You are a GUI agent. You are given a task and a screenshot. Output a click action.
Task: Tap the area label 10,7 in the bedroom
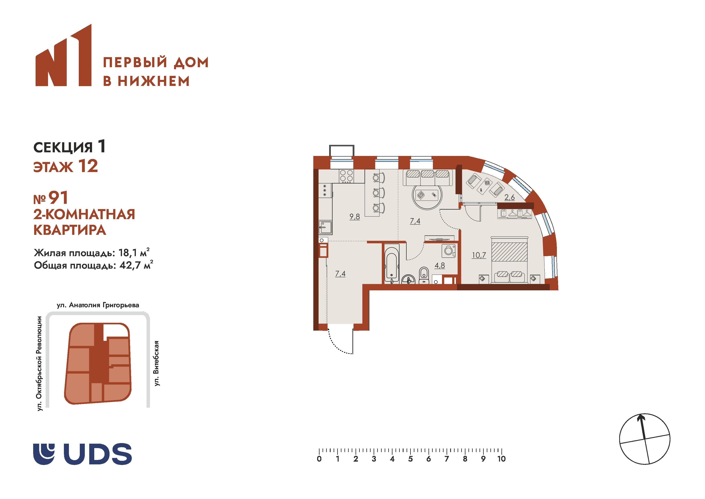479,255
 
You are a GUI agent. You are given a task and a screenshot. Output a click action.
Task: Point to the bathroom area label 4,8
440,265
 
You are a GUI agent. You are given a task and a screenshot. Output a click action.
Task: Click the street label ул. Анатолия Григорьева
98,305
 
